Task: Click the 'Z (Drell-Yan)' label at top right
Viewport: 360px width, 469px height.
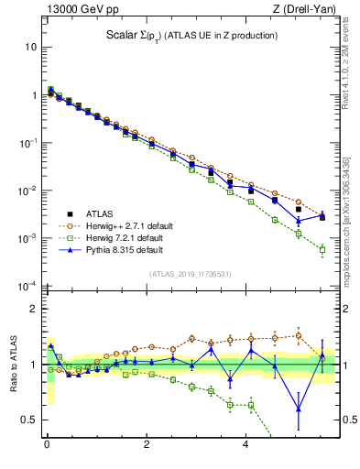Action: click(303, 9)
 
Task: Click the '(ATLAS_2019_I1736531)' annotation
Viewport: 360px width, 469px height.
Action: click(190, 273)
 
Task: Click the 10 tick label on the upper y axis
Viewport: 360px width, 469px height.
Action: click(30, 47)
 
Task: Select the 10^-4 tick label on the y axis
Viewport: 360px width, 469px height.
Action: click(28, 286)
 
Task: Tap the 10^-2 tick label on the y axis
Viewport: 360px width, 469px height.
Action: click(28, 191)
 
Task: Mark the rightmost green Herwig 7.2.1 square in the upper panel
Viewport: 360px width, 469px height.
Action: click(322, 249)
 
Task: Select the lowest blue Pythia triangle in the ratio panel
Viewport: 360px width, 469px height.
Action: click(298, 409)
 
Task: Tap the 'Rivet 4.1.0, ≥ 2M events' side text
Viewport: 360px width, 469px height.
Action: click(351, 69)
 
